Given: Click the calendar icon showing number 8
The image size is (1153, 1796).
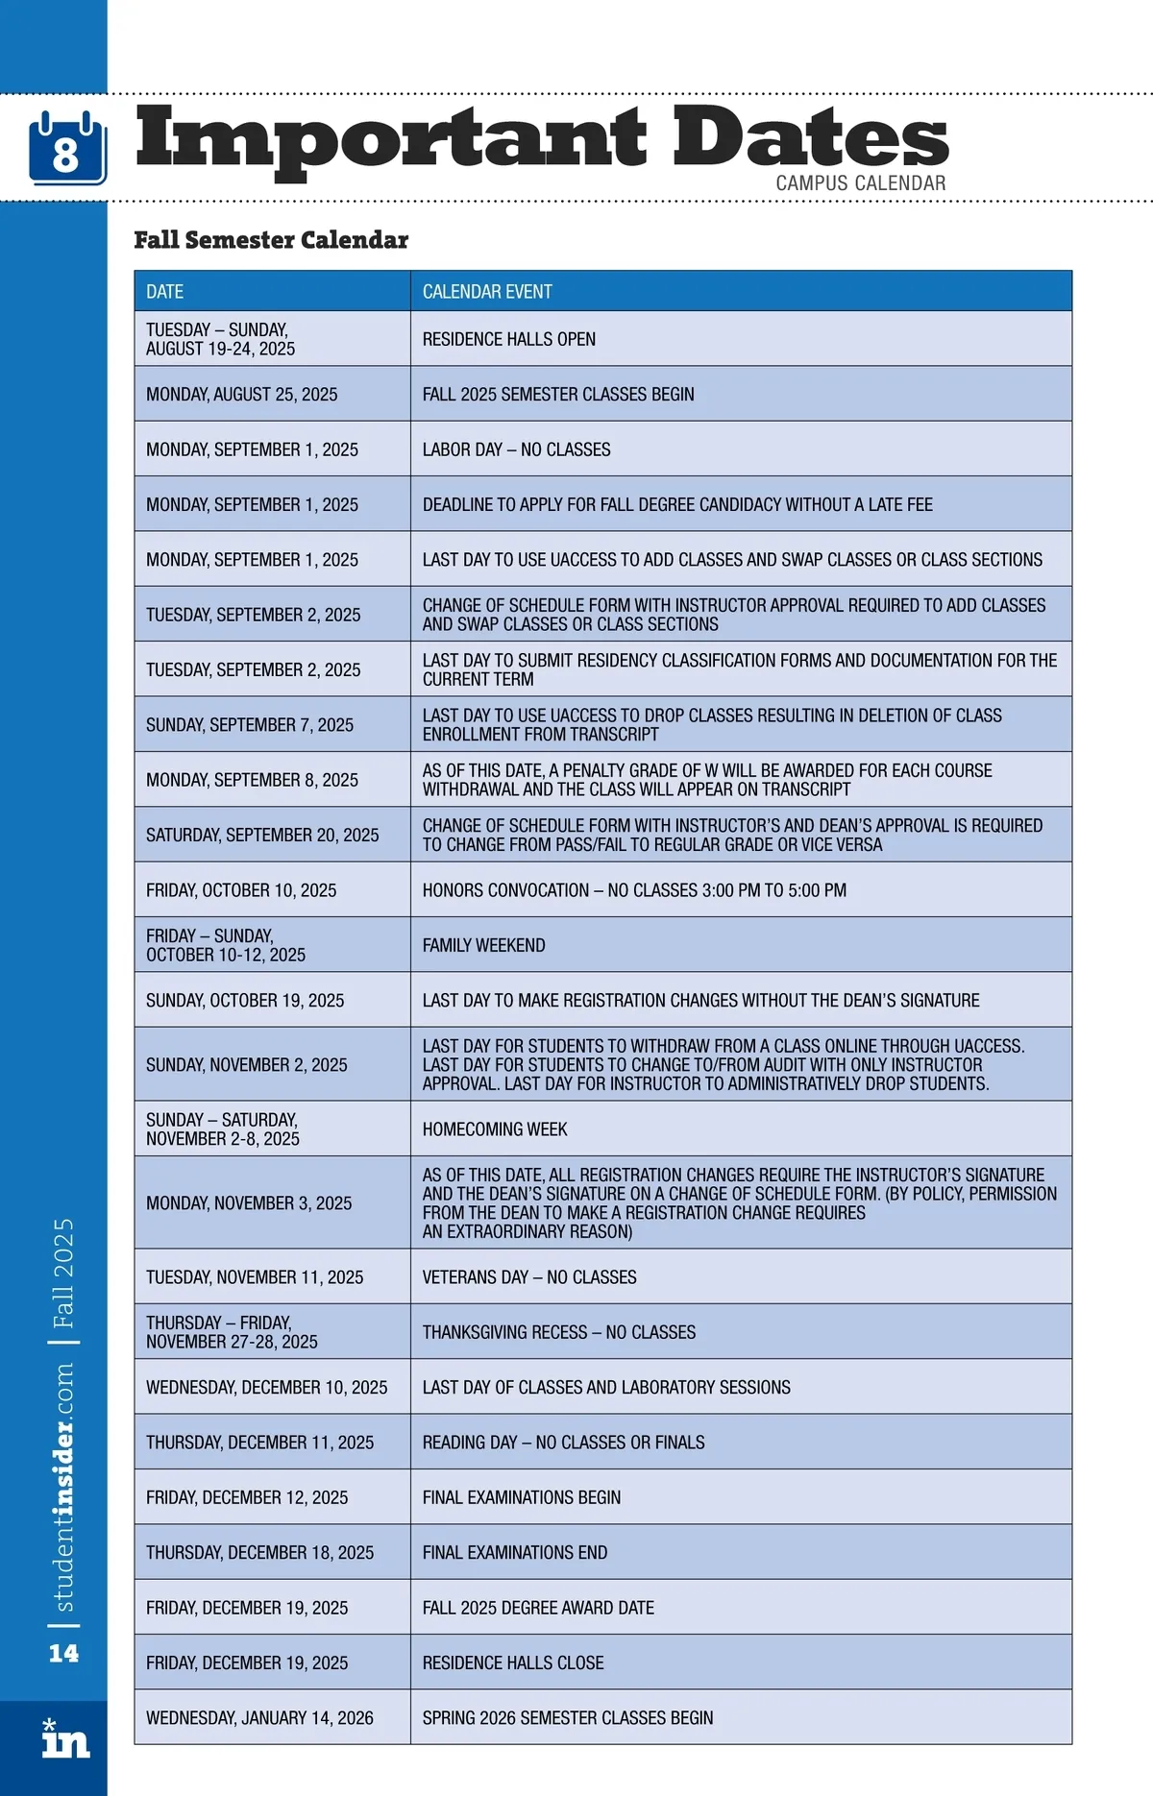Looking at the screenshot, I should click(x=66, y=148).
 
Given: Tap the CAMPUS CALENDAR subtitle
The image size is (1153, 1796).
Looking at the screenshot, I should click(x=860, y=182).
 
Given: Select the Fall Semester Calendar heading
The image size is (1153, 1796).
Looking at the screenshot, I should click(x=271, y=240).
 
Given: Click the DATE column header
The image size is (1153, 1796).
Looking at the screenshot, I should click(x=165, y=292).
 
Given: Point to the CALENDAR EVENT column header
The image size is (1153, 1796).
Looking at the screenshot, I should click(x=487, y=292).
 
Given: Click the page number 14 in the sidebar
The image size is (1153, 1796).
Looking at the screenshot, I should click(x=63, y=1653).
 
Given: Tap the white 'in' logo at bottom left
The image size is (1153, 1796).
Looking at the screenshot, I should click(x=64, y=1738).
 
